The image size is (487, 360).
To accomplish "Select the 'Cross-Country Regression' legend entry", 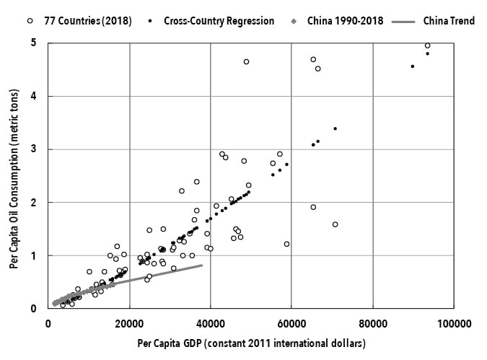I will (221, 21).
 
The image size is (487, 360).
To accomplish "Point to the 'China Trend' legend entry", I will (448, 21).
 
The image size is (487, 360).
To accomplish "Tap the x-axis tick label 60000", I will (291, 322).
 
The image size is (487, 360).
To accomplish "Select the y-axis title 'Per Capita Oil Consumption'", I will (14, 176).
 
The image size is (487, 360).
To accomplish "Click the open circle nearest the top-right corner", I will (428, 45).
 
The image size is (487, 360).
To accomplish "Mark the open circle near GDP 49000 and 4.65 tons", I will (246, 62).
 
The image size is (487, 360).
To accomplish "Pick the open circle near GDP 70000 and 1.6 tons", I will (335, 224).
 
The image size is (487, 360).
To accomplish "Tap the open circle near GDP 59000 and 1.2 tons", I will (286, 244).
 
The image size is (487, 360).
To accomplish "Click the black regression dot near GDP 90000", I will (413, 66).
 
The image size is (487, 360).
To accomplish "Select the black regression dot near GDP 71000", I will (335, 128).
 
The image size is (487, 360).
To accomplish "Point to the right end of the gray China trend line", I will (202, 265).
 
